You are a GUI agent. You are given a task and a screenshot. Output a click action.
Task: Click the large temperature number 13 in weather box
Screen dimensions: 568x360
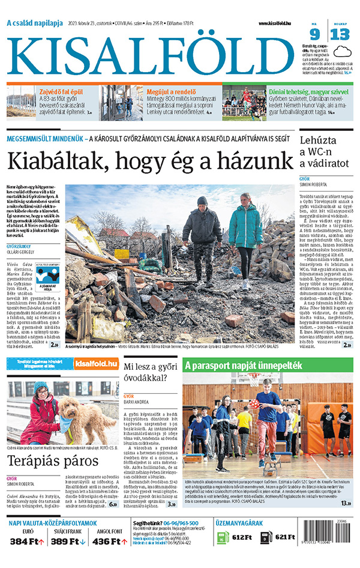point(340,34)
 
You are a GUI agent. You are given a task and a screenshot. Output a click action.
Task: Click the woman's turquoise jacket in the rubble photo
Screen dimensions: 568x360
point(246,225)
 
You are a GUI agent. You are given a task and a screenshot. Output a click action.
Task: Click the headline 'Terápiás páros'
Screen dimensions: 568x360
point(52,462)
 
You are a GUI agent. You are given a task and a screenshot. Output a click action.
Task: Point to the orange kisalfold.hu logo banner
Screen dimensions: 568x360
point(95,363)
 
